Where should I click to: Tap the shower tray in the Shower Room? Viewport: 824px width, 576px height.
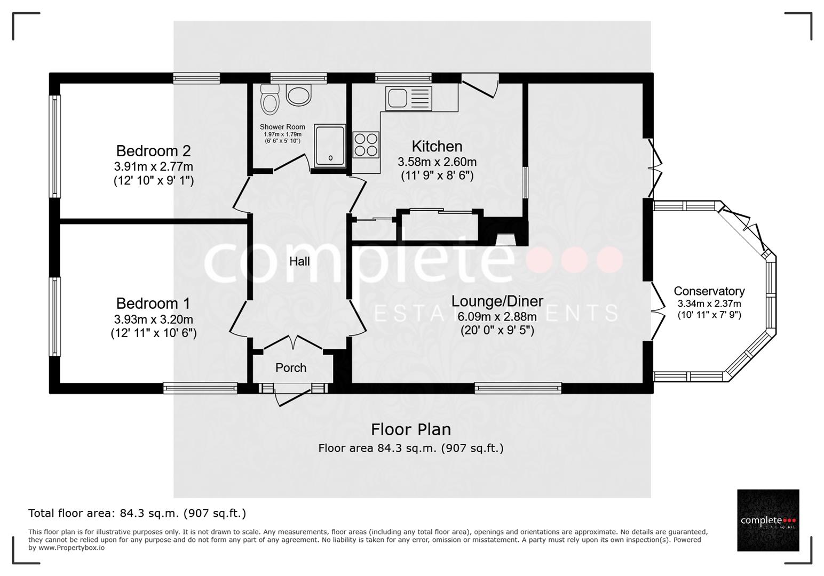(x=330, y=145)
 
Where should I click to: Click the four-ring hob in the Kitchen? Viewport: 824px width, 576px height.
(x=366, y=145)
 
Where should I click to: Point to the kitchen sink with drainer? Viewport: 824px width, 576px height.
(x=409, y=99)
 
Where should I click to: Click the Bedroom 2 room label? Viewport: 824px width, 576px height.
(x=153, y=151)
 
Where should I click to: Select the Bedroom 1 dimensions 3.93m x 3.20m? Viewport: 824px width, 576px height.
(x=153, y=319)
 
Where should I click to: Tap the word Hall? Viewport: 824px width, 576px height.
(x=299, y=261)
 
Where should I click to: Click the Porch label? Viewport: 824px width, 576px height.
(x=291, y=368)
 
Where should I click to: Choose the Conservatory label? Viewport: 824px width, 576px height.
(x=709, y=291)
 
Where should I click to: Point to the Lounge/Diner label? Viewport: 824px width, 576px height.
(x=497, y=301)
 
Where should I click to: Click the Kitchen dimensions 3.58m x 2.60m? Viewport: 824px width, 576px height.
(x=437, y=162)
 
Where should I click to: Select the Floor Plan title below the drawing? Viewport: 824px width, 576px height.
(x=410, y=429)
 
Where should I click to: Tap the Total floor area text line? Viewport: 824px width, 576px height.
(x=137, y=513)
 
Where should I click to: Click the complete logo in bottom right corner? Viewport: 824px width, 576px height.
(x=768, y=520)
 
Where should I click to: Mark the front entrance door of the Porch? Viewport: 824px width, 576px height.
(x=292, y=396)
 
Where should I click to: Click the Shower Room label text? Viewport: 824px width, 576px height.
(x=282, y=127)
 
